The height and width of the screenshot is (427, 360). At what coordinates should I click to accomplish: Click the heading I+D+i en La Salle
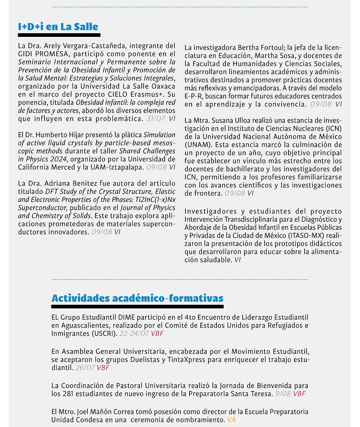point(58,27)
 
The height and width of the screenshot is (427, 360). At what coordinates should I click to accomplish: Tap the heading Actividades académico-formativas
point(137,298)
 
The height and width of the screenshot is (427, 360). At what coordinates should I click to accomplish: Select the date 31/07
point(156,119)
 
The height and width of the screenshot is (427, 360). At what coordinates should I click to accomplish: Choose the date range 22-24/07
point(134,334)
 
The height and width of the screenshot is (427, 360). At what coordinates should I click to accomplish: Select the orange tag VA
point(231,419)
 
